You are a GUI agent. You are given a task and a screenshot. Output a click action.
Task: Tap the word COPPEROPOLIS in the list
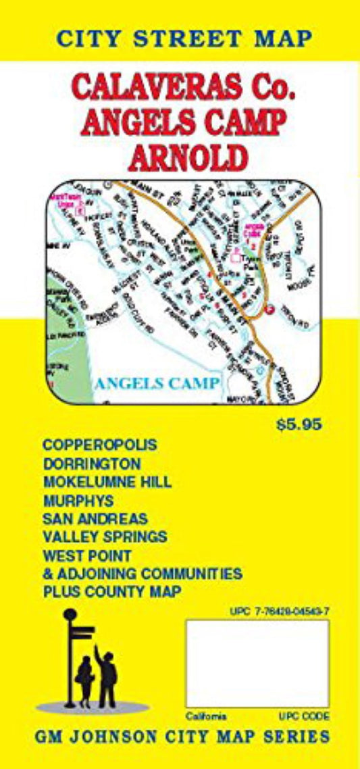pyautogui.click(x=99, y=446)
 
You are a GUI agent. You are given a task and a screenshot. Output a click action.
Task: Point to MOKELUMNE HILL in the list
pyautogui.click(x=107, y=482)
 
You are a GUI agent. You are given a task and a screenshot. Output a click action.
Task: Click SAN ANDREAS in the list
pyautogui.click(x=95, y=519)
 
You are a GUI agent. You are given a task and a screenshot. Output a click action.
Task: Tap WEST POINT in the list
pyautogui.click(x=86, y=555)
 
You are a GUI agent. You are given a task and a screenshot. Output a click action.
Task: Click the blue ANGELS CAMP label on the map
pyautogui.click(x=157, y=384)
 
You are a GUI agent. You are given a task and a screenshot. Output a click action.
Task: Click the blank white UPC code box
pyautogui.click(x=257, y=664)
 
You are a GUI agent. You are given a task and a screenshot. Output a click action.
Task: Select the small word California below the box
pyautogui.click(x=207, y=716)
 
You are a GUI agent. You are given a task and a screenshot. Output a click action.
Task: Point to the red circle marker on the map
pyautogui.click(x=270, y=309)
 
